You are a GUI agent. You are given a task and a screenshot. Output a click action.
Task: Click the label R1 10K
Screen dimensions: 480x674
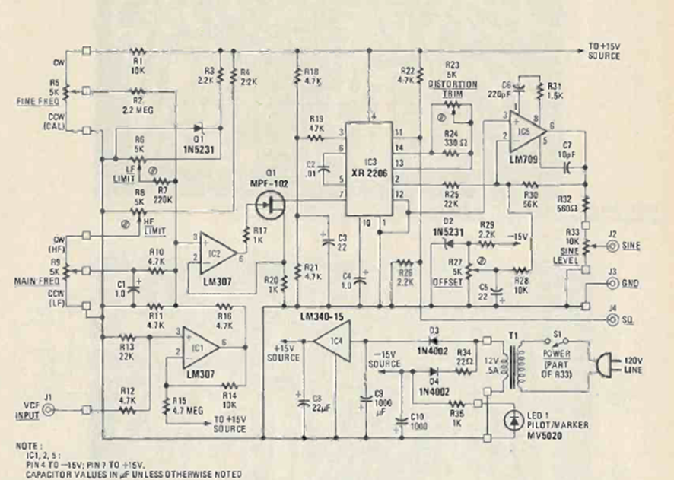(x=137, y=62)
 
